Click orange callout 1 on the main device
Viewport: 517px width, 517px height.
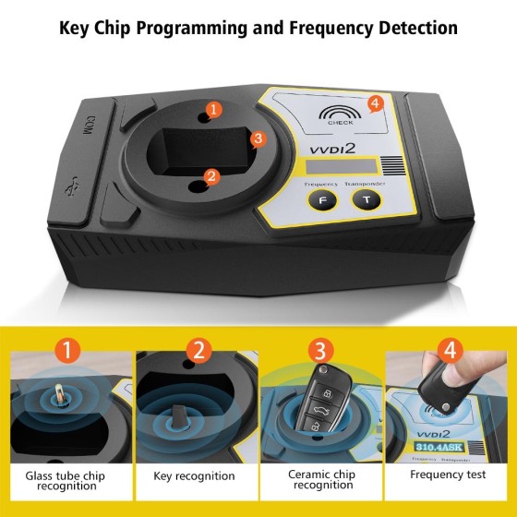[x=214, y=110]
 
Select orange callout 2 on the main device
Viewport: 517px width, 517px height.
[x=211, y=174]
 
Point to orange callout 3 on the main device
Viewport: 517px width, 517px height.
[x=258, y=138]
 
